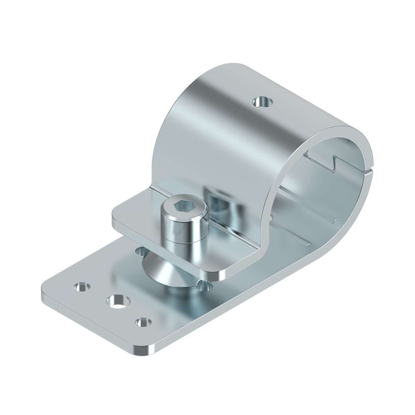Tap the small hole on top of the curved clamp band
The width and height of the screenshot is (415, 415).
pyautogui.click(x=262, y=101)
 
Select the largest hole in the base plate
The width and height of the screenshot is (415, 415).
pyautogui.click(x=117, y=300)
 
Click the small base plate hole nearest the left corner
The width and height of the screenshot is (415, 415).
pyautogui.click(x=81, y=286)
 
